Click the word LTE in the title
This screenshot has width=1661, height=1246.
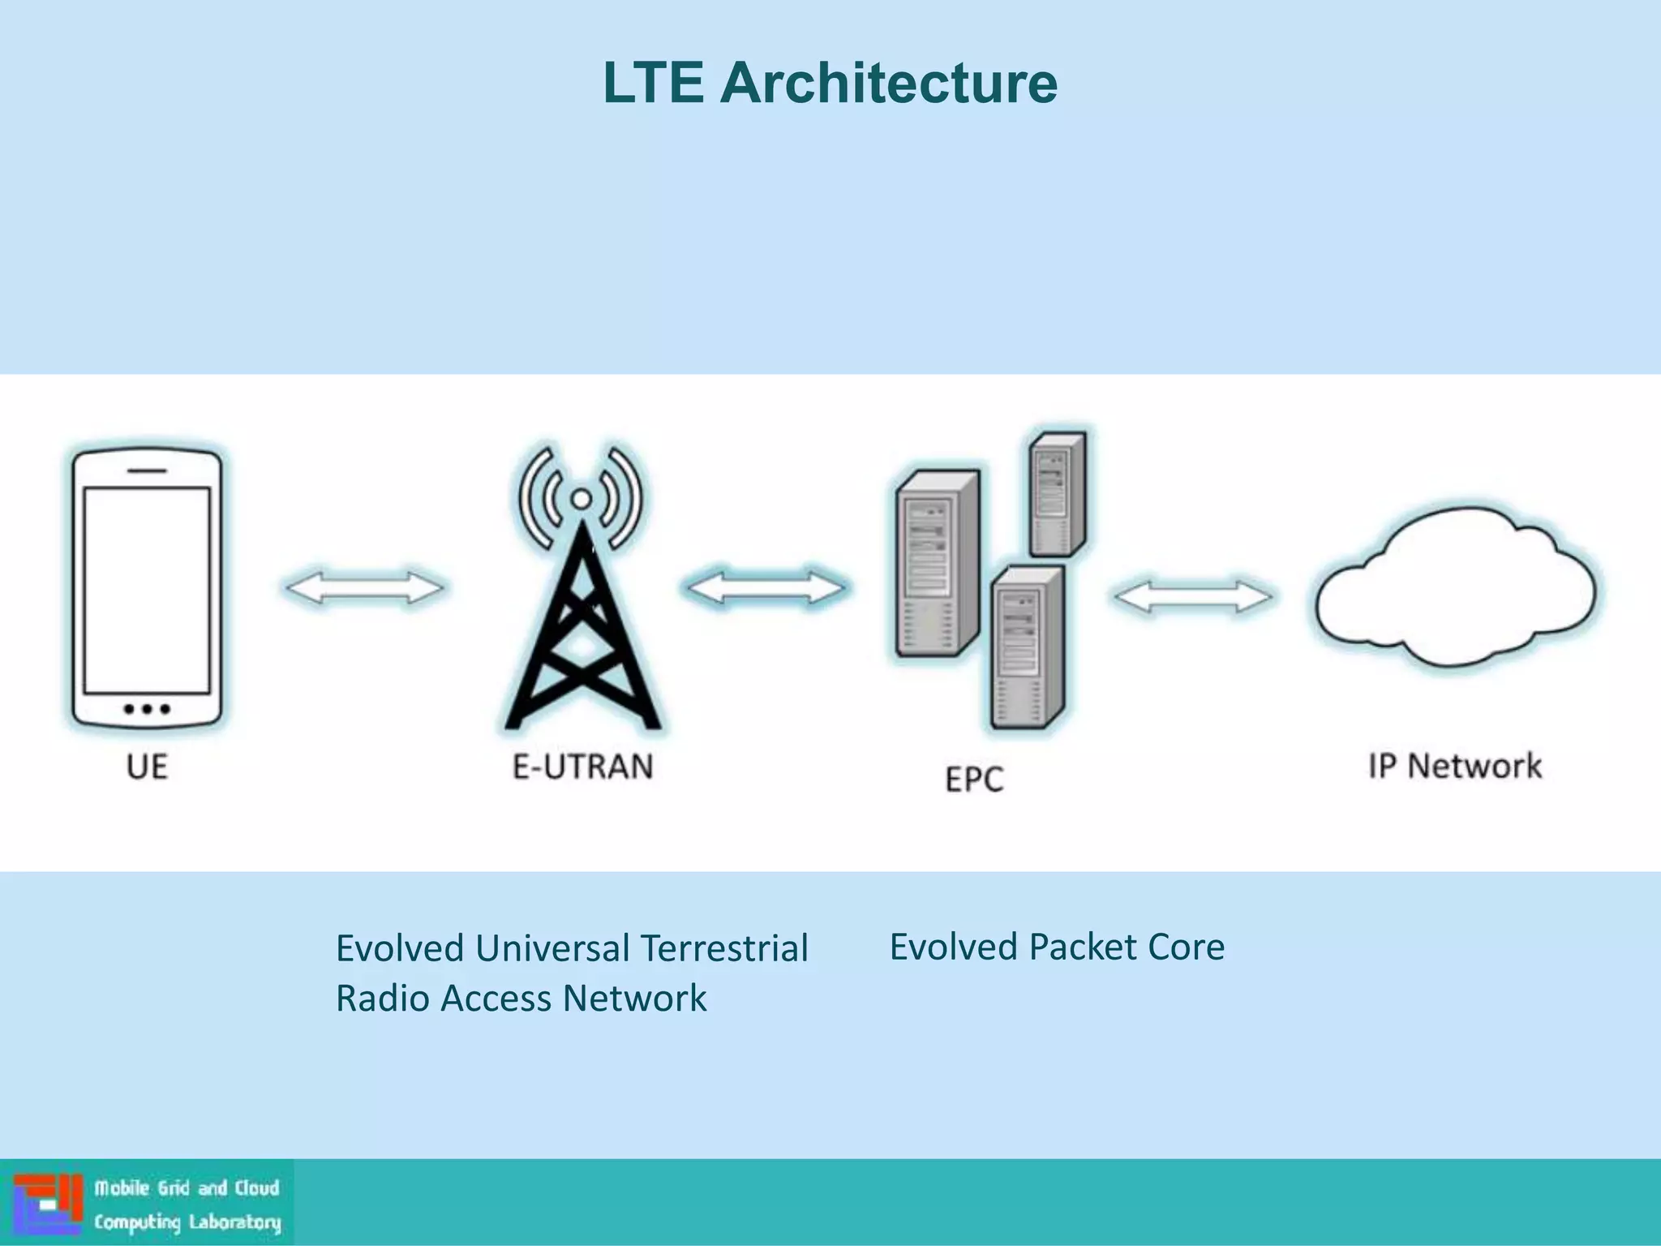click(x=653, y=83)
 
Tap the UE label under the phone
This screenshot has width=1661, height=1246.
click(x=147, y=767)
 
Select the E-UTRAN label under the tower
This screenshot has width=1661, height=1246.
click(x=582, y=767)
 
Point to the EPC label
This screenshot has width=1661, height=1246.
click(x=974, y=780)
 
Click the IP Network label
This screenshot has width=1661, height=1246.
click(x=1455, y=766)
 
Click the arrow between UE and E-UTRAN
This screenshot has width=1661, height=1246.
click(x=364, y=588)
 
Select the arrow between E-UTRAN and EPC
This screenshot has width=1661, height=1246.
click(x=766, y=588)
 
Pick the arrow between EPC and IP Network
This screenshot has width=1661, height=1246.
click(x=1192, y=597)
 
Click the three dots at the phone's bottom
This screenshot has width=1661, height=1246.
click(x=147, y=709)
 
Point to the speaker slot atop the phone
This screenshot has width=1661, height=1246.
click(x=148, y=470)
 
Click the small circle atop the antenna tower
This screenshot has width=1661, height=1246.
click(x=582, y=499)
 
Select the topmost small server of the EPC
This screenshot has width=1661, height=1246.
click(x=1057, y=493)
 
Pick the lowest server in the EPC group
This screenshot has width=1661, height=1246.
click(x=1026, y=649)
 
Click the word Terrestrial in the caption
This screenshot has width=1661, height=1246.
click(x=723, y=948)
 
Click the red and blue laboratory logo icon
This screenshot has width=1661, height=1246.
click(x=47, y=1204)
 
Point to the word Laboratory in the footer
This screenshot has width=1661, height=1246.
click(x=234, y=1222)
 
